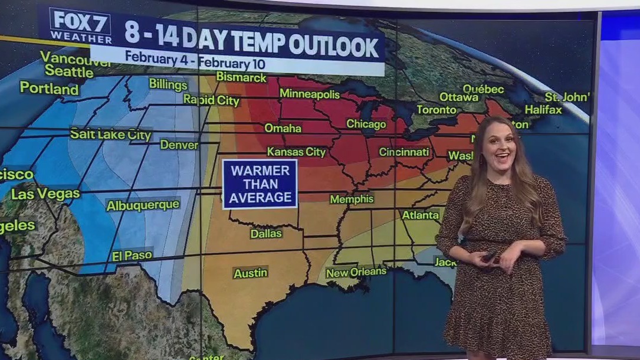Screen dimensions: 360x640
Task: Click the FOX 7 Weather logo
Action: [x=80, y=26]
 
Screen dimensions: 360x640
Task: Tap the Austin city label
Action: [x=250, y=273]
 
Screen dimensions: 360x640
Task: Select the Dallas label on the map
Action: [x=266, y=233]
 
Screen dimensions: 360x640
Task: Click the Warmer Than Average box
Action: [x=260, y=184]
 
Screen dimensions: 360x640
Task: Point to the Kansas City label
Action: [x=296, y=152]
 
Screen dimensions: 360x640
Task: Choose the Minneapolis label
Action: [x=310, y=94]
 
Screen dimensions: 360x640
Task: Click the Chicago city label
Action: [x=366, y=124]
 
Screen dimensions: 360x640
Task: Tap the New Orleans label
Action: [x=356, y=272]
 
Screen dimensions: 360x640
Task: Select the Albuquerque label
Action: [x=143, y=205]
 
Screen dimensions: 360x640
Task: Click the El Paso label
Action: [x=132, y=256]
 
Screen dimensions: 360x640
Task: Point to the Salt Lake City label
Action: [x=110, y=135]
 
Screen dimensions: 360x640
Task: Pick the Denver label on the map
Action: [x=179, y=144]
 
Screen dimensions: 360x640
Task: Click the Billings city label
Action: [x=168, y=84]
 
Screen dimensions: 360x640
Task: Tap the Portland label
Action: [x=49, y=89]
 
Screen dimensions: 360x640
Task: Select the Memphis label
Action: [x=351, y=199]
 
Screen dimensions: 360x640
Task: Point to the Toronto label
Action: [x=436, y=110]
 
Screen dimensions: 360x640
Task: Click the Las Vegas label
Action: [x=45, y=194]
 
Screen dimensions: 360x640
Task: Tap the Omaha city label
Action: [x=283, y=128]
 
